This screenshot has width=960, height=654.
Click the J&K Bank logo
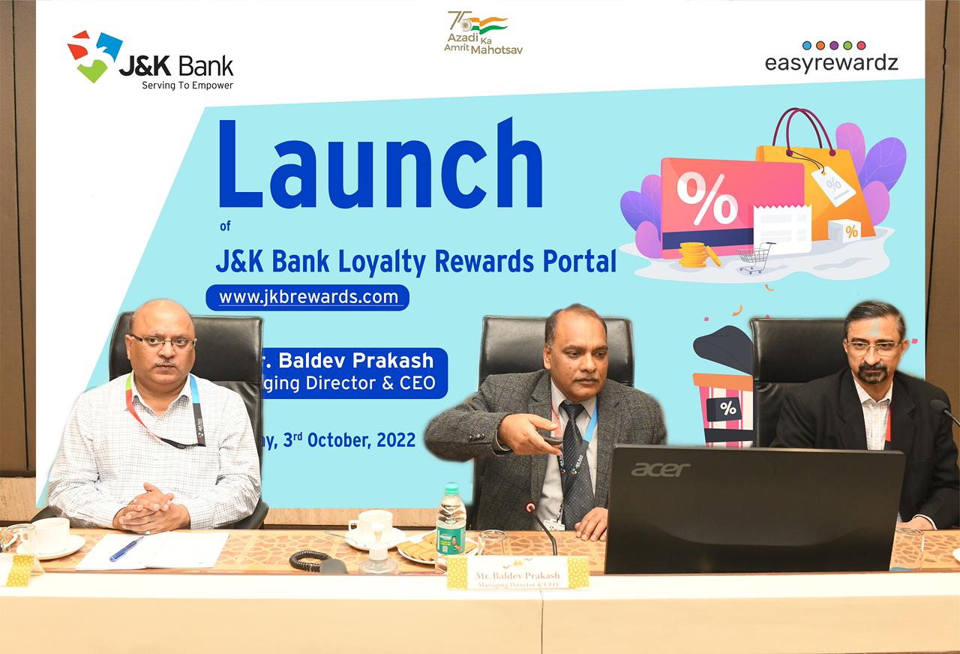tap(150, 60)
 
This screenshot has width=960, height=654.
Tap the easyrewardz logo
tap(831, 57)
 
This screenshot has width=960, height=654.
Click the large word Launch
tap(380, 166)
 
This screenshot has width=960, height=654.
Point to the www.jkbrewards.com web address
tap(308, 297)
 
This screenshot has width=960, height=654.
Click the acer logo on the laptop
tap(660, 469)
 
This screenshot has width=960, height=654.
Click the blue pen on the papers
tap(126, 548)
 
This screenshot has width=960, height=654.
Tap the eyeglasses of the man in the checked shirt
tap(162, 341)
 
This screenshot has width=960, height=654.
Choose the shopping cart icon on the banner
tap(755, 257)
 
